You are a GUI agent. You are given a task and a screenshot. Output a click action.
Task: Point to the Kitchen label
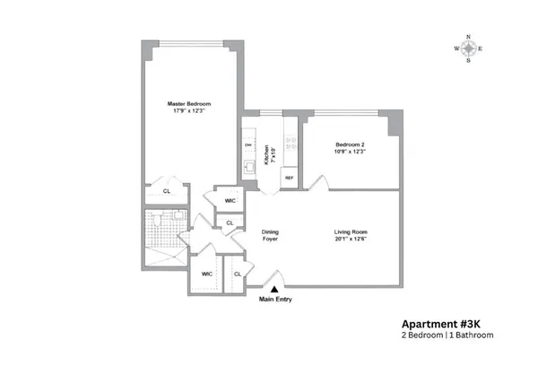(266, 156)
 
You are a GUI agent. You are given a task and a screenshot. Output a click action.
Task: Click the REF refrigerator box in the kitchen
(289, 178)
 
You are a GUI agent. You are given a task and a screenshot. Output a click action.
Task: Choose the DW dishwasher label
(247, 144)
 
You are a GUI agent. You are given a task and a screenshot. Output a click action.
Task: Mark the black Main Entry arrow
(275, 287)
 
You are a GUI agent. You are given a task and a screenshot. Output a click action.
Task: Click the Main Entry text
(275, 299)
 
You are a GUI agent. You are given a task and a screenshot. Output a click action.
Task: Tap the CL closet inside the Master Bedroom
(167, 191)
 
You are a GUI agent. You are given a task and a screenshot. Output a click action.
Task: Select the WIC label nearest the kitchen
(230, 200)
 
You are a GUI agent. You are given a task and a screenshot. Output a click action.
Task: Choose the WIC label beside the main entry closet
(206, 274)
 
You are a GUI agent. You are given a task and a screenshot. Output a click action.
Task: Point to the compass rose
(468, 48)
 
